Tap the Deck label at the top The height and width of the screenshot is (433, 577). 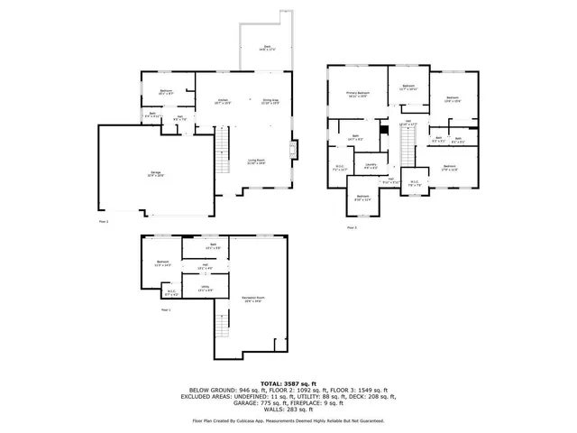[x=267, y=48]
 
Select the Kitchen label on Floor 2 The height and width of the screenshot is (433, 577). [x=218, y=102]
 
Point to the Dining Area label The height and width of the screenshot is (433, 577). [x=270, y=102]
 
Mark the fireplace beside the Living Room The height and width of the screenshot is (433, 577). [x=292, y=150]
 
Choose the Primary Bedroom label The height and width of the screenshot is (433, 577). [x=358, y=94]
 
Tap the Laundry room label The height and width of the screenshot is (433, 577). [x=371, y=166]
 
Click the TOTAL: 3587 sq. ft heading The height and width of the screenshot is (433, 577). [x=288, y=383]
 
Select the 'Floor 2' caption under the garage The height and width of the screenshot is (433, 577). [x=104, y=219]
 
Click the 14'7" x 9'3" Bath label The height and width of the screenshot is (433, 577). [x=355, y=138]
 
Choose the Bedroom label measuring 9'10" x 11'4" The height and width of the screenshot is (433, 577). [x=362, y=197]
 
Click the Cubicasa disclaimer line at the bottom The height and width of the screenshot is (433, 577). [x=288, y=420]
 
